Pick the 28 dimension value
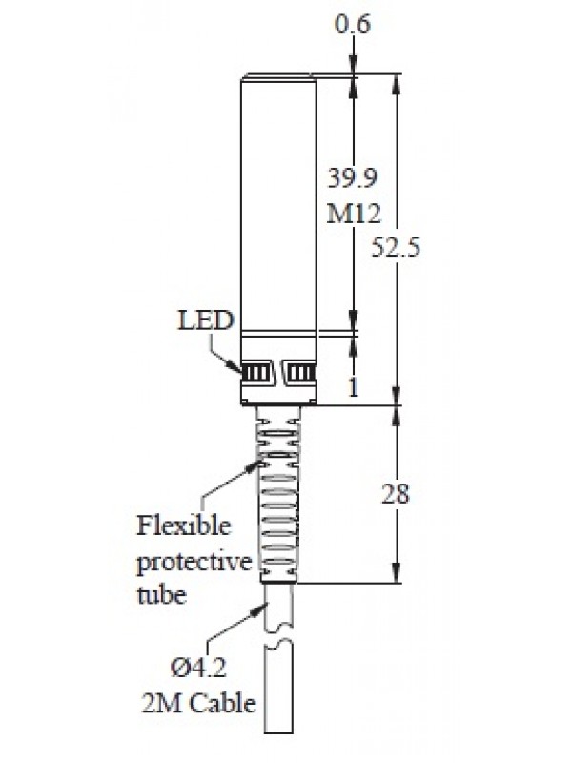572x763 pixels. point(395,494)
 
